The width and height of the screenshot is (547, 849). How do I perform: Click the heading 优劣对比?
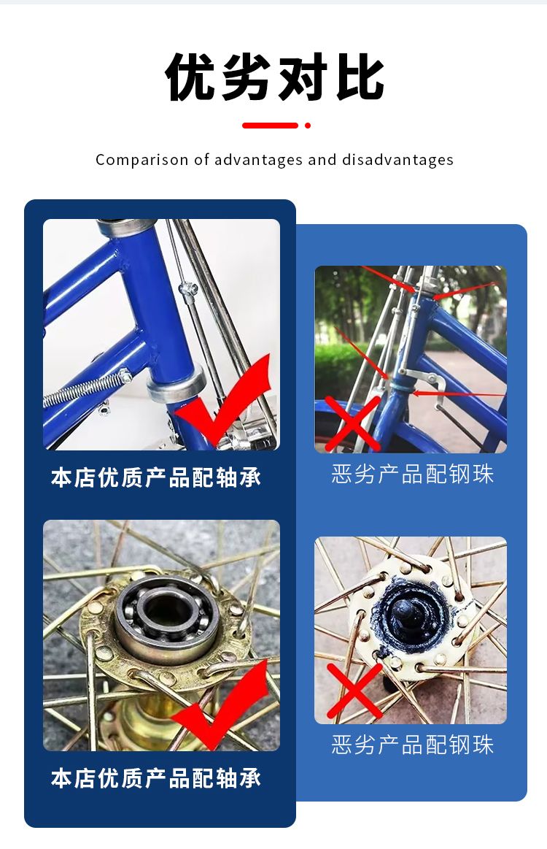(x=274, y=77)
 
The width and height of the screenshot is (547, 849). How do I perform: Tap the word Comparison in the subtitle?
(x=141, y=161)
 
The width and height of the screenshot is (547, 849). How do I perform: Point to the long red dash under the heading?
(x=270, y=126)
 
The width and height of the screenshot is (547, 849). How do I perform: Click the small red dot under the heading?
(x=308, y=126)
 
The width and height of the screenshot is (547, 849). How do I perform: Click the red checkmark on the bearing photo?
(x=228, y=704)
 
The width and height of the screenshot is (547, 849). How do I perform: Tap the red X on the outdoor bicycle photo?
(x=353, y=423)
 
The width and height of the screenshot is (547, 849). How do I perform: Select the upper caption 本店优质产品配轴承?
(x=156, y=477)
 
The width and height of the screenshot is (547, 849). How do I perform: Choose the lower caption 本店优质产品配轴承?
(x=156, y=778)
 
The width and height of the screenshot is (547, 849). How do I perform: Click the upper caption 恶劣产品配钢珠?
(x=412, y=474)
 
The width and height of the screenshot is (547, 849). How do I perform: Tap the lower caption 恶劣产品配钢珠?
(x=412, y=745)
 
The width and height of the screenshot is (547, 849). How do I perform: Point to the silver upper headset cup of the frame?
(x=125, y=226)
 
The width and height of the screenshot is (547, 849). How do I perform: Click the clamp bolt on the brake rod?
(x=187, y=290)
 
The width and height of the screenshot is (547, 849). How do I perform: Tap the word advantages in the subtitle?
(x=259, y=161)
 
